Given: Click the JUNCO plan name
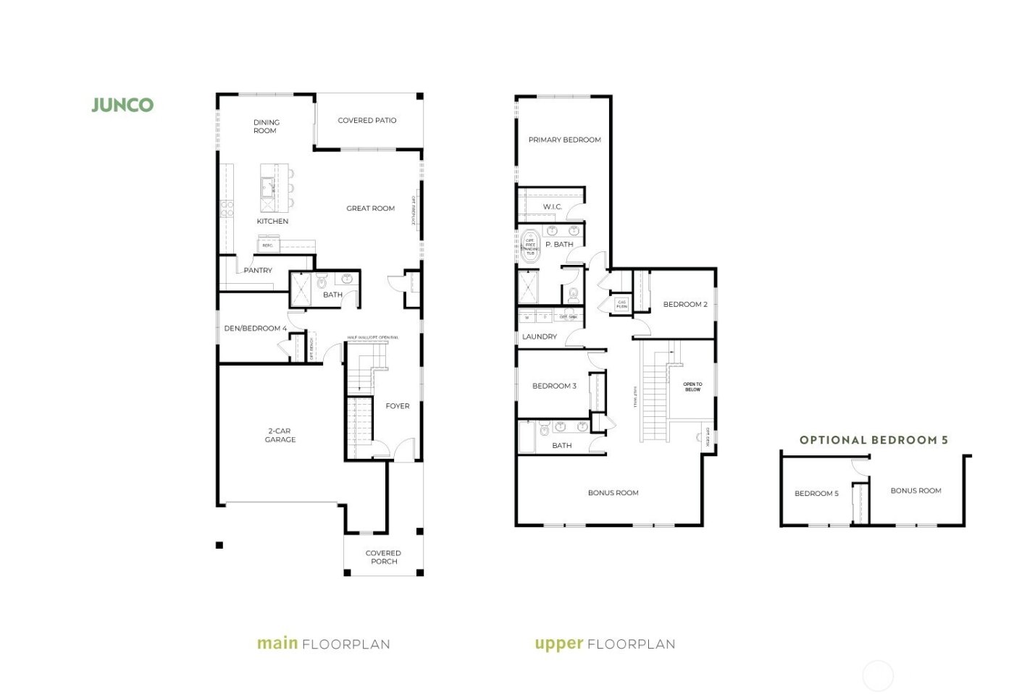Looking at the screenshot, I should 122,105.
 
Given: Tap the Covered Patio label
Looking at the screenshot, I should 367,120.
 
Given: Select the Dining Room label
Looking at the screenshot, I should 266,127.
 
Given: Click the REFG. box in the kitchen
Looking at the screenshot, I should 268,245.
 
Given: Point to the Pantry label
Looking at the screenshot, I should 258,270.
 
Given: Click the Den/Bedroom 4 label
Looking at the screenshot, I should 255,328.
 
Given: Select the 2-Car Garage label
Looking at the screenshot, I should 280,435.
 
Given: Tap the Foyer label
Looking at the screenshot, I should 397,406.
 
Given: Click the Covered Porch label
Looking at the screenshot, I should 383,557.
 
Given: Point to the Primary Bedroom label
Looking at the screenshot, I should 564,140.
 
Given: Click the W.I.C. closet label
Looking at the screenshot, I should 552,207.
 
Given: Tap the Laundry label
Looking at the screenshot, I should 540,337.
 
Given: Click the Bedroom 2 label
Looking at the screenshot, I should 685,304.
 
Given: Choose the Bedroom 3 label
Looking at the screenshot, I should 554,386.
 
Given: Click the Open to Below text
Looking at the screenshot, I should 692,387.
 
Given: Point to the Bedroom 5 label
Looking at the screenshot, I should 816,494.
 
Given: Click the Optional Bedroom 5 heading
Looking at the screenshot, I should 873,440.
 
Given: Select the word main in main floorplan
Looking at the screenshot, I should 277,644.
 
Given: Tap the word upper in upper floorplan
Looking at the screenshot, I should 558,644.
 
